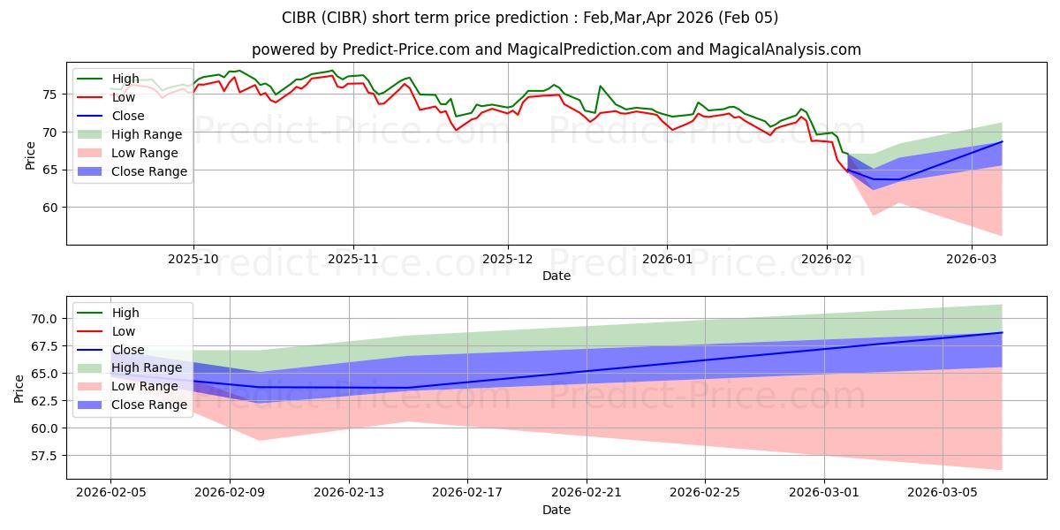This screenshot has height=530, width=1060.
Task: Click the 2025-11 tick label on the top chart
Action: [353, 260]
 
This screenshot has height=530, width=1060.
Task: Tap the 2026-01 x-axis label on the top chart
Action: [666, 260]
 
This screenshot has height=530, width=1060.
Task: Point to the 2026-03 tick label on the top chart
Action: [972, 260]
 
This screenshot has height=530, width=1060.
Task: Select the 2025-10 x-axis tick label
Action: [193, 260]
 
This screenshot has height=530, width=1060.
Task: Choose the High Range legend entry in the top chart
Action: [147, 134]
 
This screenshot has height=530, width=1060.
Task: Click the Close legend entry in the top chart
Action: [128, 116]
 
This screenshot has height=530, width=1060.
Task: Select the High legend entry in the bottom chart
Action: [125, 313]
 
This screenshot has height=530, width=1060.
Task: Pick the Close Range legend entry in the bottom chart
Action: [149, 405]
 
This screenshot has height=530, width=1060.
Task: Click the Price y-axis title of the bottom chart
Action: [19, 387]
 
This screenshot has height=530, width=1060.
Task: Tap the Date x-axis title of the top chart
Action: [556, 276]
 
